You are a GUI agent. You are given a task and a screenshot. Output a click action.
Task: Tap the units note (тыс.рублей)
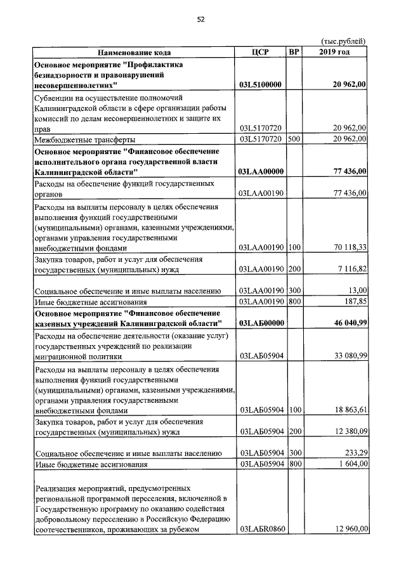click(x=344, y=41)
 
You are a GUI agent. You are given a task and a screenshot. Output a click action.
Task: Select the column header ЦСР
click(x=261, y=52)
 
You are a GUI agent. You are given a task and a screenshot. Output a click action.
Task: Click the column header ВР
click(x=293, y=52)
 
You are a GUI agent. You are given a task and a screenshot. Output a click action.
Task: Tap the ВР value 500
click(x=293, y=139)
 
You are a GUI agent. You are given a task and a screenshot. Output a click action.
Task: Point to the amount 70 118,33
click(x=347, y=249)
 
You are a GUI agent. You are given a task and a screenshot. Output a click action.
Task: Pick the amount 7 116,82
click(x=350, y=270)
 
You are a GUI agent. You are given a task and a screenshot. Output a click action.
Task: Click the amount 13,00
click(x=357, y=290)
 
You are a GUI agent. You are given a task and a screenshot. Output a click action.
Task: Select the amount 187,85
click(x=354, y=301)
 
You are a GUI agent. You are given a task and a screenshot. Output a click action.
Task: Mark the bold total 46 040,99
click(x=344, y=323)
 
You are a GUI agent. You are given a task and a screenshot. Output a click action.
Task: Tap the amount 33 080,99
click(x=347, y=356)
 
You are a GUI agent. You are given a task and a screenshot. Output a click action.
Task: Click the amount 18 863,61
click(x=347, y=410)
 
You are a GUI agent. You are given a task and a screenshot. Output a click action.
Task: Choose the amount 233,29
click(x=353, y=453)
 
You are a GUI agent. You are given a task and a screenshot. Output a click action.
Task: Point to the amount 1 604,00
click(x=350, y=464)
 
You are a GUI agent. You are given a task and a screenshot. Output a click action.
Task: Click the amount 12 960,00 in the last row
click(x=347, y=530)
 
